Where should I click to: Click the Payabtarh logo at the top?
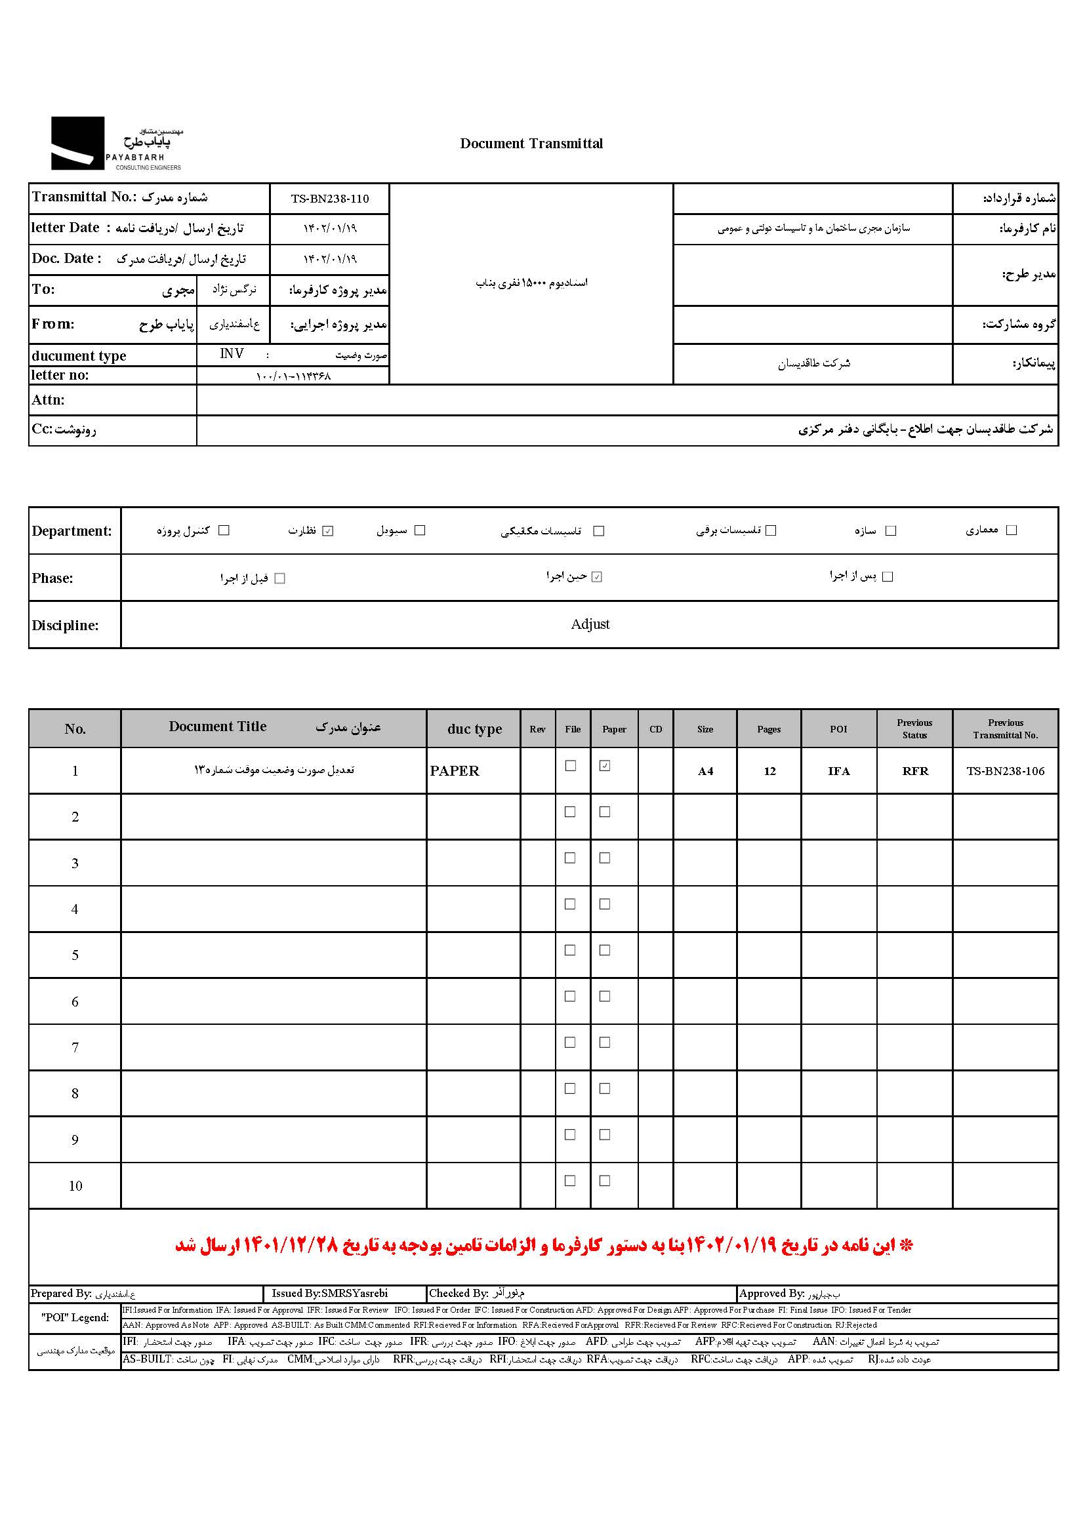pos(116,144)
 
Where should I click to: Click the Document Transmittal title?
pos(531,144)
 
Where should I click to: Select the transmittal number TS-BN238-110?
pos(329,199)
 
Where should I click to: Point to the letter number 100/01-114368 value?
pos(293,376)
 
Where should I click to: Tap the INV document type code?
pos(232,354)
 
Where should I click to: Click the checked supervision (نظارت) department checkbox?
pos(327,531)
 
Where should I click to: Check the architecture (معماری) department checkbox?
pos(1012,530)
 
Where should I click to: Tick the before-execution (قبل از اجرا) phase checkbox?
pos(280,578)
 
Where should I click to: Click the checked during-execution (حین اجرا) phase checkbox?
pos(596,577)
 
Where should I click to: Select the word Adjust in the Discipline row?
pos(590,624)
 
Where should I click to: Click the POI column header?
pos(838,729)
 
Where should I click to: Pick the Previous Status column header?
pos(914,729)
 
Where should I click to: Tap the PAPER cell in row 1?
pos(455,771)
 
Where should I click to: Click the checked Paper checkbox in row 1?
pos(605,766)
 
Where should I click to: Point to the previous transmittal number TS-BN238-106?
pos(1005,772)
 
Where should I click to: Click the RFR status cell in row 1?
pos(914,772)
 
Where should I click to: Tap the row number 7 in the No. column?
pos(75,1048)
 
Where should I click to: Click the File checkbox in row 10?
pos(570,1181)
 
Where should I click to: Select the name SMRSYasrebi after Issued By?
pos(354,1293)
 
